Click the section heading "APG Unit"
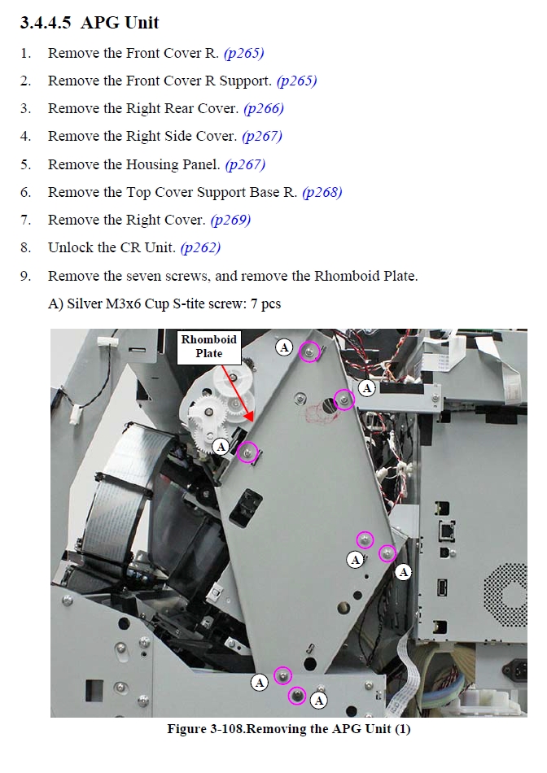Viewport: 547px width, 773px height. pyautogui.click(x=120, y=23)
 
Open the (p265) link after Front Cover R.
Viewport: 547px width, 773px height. pyautogui.click(x=243, y=53)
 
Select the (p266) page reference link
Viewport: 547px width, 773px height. pyautogui.click(x=264, y=108)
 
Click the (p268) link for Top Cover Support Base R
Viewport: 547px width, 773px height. pyautogui.click(x=322, y=192)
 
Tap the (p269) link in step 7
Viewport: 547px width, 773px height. pyautogui.click(x=230, y=220)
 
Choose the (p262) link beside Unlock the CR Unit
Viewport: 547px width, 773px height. pyautogui.click(x=200, y=247)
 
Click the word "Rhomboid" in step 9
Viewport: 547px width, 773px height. pyautogui.click(x=347, y=276)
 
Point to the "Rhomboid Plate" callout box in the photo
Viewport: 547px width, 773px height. pyautogui.click(x=209, y=347)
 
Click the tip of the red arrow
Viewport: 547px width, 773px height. pyautogui.click(x=252, y=422)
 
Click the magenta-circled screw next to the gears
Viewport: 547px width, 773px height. pyautogui.click(x=247, y=452)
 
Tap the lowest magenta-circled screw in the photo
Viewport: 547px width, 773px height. pyautogui.click(x=297, y=696)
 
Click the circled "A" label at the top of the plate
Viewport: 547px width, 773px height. pyautogui.click(x=284, y=347)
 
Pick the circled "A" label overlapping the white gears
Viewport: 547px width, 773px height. pyautogui.click(x=221, y=447)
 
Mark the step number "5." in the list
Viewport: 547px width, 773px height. pyautogui.click(x=26, y=164)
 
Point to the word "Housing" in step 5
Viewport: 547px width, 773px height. pyautogui.click(x=153, y=164)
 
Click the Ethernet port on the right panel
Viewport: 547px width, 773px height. pyautogui.click(x=446, y=531)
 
